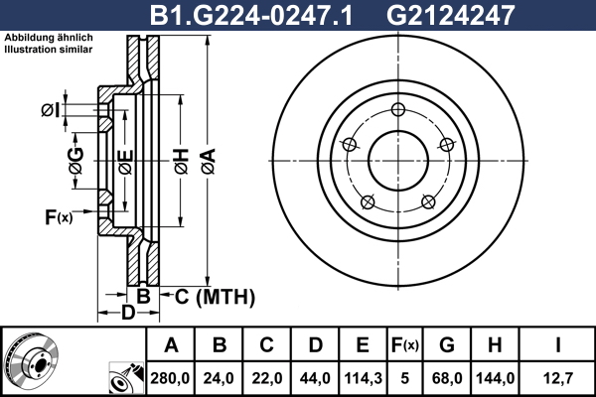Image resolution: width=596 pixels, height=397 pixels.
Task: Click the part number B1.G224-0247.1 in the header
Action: coord(251,16)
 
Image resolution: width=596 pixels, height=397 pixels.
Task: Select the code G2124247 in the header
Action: coord(450,16)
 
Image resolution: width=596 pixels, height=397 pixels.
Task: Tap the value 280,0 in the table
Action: coord(170,378)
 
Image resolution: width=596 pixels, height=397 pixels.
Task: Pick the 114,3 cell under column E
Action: coord(363,378)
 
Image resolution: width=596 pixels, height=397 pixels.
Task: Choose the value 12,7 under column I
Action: coord(558,378)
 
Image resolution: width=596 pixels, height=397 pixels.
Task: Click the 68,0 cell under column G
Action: coord(447,378)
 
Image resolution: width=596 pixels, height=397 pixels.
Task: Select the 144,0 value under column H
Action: coord(496,378)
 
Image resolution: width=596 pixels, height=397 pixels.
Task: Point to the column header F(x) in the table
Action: coord(405,345)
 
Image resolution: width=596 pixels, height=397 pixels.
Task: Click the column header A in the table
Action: coord(171,345)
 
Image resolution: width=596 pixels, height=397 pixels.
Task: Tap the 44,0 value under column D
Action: coord(315,378)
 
